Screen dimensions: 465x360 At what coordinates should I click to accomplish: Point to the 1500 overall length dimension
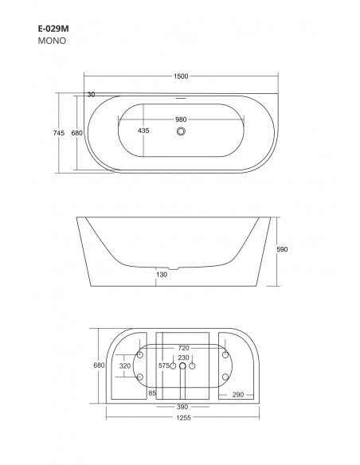coord(182,77)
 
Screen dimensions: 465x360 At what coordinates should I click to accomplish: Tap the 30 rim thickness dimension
coord(91,95)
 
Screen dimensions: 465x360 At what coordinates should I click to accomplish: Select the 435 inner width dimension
coord(143,130)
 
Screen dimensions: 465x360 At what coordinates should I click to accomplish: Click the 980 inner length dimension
coord(182,119)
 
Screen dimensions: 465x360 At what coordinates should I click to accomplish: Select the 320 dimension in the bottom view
coord(125,365)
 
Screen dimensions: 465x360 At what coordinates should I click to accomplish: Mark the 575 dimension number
coord(165,365)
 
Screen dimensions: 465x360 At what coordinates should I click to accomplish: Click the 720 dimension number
coord(183,348)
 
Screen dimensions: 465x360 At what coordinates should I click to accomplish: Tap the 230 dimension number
coord(183,358)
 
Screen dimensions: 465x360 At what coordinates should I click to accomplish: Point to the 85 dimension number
coord(151,393)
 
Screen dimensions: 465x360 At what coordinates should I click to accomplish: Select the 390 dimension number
coord(183,407)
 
